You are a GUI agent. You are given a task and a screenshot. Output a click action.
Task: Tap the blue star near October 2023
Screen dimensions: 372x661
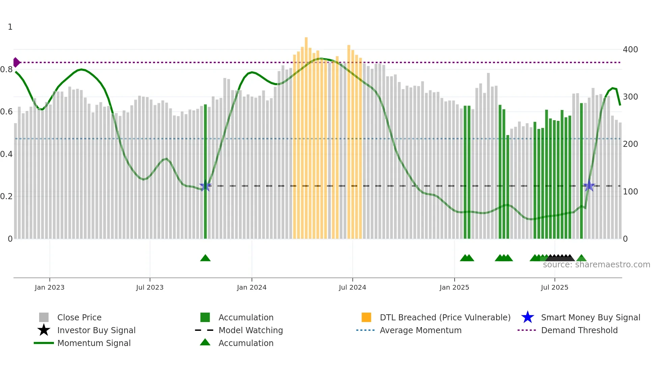pyautogui.click(x=205, y=186)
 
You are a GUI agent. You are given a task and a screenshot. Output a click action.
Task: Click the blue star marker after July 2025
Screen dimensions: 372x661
pyautogui.click(x=589, y=186)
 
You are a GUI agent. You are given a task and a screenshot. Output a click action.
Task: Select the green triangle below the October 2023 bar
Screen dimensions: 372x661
pyautogui.click(x=205, y=258)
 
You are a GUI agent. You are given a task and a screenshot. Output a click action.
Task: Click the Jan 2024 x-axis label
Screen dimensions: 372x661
pyautogui.click(x=252, y=288)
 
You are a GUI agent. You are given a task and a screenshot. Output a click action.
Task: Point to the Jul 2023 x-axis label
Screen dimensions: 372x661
pyautogui.click(x=150, y=288)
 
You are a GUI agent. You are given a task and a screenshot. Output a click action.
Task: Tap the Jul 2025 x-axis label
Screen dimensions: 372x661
pyautogui.click(x=554, y=288)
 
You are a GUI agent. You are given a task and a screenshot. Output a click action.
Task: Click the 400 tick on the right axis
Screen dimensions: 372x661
pyautogui.click(x=630, y=50)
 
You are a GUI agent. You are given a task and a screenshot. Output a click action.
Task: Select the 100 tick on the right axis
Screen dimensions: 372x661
pyautogui.click(x=630, y=192)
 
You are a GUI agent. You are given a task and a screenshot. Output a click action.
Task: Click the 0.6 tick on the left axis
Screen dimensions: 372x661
pyautogui.click(x=7, y=112)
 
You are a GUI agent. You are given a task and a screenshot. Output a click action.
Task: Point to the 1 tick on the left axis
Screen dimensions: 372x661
pyautogui.click(x=10, y=27)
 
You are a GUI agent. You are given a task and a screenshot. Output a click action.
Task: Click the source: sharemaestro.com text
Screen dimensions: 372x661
pyautogui.click(x=596, y=265)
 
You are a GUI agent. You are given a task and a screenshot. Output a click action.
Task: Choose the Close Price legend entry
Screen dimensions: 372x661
pyautogui.click(x=79, y=318)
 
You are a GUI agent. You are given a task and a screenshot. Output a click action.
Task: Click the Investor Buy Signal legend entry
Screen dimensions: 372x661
pyautogui.click(x=96, y=330)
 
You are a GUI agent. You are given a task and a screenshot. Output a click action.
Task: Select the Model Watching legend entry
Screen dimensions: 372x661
pyautogui.click(x=251, y=330)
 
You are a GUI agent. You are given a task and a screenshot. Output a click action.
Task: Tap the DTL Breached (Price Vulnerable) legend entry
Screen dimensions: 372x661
pyautogui.click(x=445, y=318)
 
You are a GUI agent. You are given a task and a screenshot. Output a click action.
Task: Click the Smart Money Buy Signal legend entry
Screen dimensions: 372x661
pyautogui.click(x=590, y=318)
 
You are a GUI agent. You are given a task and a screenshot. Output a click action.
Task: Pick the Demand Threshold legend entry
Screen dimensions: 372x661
pyautogui.click(x=579, y=330)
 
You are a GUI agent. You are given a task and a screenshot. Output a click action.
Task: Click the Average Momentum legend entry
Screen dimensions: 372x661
pyautogui.click(x=420, y=330)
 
